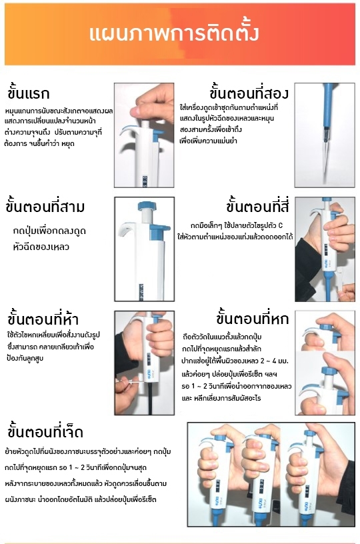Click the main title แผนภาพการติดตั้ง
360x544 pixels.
[x=174, y=33]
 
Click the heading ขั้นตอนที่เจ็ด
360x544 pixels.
[x=45, y=432]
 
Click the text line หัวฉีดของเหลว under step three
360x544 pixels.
[x=41, y=247]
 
